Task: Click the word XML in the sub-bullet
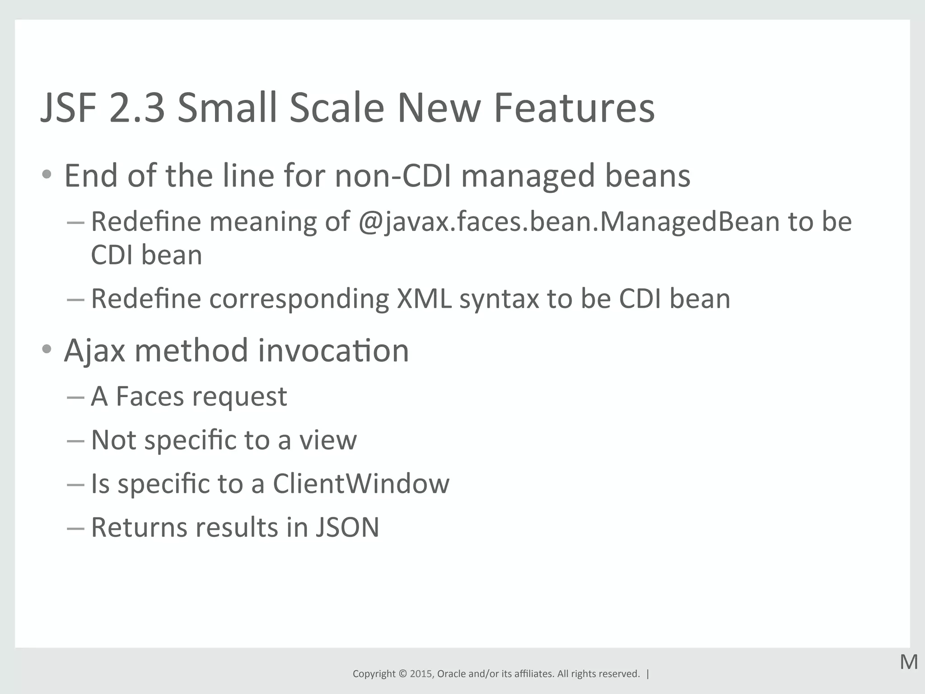tap(424, 299)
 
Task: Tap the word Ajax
tap(94, 351)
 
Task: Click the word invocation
tap(333, 351)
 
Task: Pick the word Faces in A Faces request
tap(149, 396)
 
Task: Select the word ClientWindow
tap(361, 483)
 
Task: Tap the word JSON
tap(347, 527)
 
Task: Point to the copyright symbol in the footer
tap(402, 674)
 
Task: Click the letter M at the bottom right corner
tap(909, 662)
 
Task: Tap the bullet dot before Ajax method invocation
tap(47, 349)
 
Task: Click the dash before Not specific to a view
tap(75, 441)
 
